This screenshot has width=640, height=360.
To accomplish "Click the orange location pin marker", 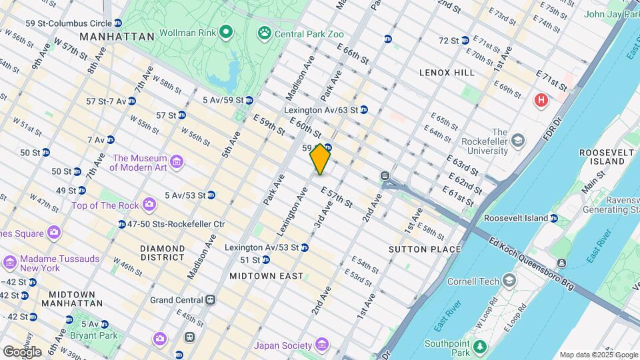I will tap(321, 159).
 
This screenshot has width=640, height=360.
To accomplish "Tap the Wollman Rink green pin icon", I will tap(225, 31).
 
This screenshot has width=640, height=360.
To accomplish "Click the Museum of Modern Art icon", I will tap(176, 162).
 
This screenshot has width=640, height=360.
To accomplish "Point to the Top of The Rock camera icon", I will tap(149, 203).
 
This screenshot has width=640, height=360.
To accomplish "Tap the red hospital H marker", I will tap(541, 100).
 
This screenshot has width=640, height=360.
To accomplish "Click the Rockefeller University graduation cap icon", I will tap(519, 141).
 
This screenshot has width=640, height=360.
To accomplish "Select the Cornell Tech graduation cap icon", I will tap(510, 281).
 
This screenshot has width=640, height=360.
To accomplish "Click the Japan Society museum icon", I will tap(323, 345).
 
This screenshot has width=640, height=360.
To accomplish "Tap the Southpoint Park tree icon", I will tap(479, 346).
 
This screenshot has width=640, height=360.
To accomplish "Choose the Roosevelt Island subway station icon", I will tap(554, 218).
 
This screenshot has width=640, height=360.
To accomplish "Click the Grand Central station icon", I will tap(211, 300).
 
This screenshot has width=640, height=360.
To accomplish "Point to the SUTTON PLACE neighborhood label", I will tap(425, 249).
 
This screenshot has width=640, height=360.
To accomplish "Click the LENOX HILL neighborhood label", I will tap(447, 72).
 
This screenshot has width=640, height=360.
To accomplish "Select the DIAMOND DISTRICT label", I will tap(163, 252).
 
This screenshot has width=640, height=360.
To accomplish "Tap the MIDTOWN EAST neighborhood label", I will tap(257, 275).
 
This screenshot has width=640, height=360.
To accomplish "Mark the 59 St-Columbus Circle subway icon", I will tap(117, 23).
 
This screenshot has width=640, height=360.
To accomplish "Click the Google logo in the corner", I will tap(22, 352).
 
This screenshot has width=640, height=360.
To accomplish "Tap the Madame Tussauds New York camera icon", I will tap(9, 262).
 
